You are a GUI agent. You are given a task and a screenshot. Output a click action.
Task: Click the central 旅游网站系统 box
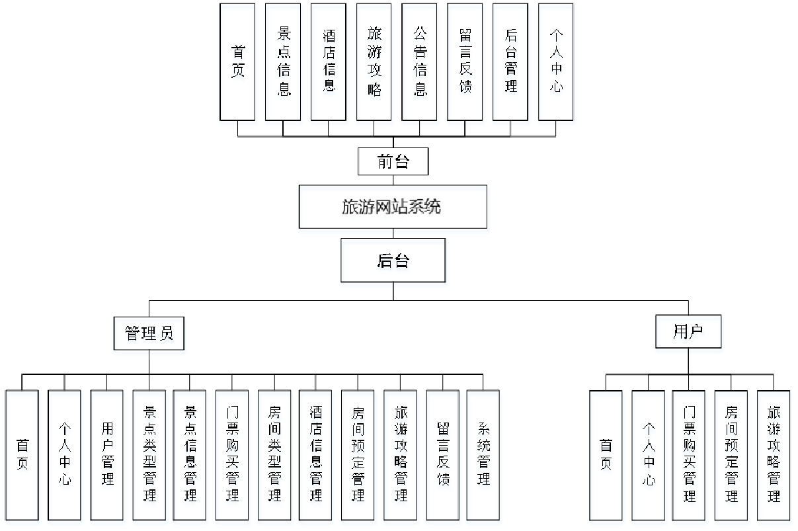393,207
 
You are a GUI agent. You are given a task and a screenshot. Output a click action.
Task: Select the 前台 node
393,161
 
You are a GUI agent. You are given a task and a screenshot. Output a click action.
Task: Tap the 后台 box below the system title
393,261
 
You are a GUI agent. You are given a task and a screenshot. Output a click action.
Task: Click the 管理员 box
149,333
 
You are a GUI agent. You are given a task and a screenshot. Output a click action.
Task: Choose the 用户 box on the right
688,331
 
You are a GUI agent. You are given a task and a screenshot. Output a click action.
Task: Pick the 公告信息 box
419,62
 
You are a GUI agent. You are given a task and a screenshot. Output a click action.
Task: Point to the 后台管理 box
510,62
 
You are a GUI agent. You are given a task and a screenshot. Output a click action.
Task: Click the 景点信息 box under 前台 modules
283,62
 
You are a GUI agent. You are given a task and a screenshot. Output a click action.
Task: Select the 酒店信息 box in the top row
329,62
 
